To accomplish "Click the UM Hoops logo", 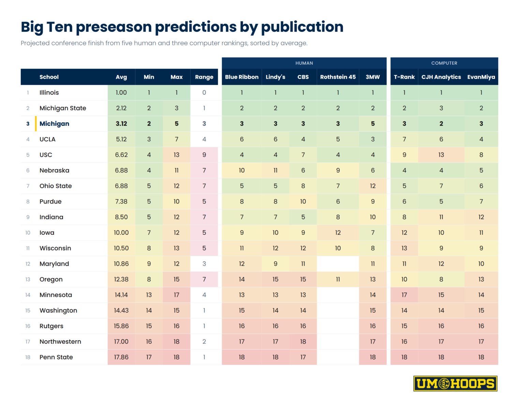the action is pyautogui.click(x=455, y=383).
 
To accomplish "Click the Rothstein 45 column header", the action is pyautogui.click(x=338, y=77).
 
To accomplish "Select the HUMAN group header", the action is pyautogui.click(x=304, y=63).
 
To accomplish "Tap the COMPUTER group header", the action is pyautogui.click(x=444, y=63).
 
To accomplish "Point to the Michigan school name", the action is pyautogui.click(x=54, y=124).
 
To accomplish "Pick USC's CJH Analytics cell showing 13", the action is pyautogui.click(x=441, y=155).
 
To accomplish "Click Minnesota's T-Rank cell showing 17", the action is pyautogui.click(x=404, y=295).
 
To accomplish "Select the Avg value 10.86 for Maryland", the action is pyautogui.click(x=121, y=264).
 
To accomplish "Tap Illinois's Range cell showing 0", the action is pyautogui.click(x=204, y=93).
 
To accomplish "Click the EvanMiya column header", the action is pyautogui.click(x=481, y=77).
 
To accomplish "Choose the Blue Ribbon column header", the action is pyautogui.click(x=242, y=77).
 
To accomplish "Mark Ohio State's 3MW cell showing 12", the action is pyautogui.click(x=373, y=186).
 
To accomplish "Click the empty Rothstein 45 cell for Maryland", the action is pyautogui.click(x=338, y=264).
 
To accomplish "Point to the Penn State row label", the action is pyautogui.click(x=56, y=357).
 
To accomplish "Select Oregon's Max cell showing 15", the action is pyautogui.click(x=177, y=279).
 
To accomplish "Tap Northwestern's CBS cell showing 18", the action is pyautogui.click(x=303, y=342).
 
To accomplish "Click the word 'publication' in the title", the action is pyautogui.click(x=302, y=27).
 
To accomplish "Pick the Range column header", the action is pyautogui.click(x=204, y=77).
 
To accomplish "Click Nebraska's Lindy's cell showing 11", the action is pyautogui.click(x=276, y=170).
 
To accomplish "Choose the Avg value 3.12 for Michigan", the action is pyautogui.click(x=121, y=124).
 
